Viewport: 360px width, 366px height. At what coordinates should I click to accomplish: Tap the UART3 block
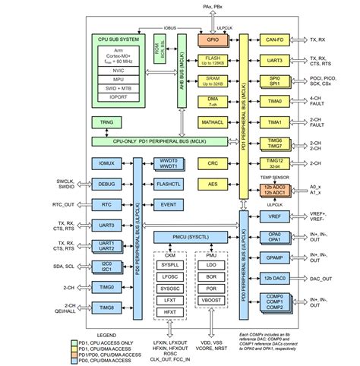pyautogui.click(x=274, y=60)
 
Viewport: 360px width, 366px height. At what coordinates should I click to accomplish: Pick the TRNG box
pyautogui.click(x=106, y=121)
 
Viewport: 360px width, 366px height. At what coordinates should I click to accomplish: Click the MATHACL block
pyautogui.click(x=213, y=121)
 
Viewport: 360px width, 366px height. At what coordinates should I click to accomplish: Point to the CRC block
pyautogui.click(x=213, y=163)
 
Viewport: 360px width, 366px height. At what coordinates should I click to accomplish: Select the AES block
pyautogui.click(x=213, y=184)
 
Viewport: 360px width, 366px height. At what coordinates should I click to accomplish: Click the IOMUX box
pyautogui.click(x=106, y=163)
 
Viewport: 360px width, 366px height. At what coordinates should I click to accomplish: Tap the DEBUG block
pyautogui.click(x=106, y=184)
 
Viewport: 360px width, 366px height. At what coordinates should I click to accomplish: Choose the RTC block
pyautogui.click(x=106, y=204)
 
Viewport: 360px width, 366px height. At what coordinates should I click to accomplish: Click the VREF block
pyautogui.click(x=274, y=216)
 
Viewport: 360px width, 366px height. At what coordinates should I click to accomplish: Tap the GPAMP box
pyautogui.click(x=274, y=258)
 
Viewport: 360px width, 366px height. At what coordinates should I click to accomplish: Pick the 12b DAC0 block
pyautogui.click(x=274, y=279)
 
